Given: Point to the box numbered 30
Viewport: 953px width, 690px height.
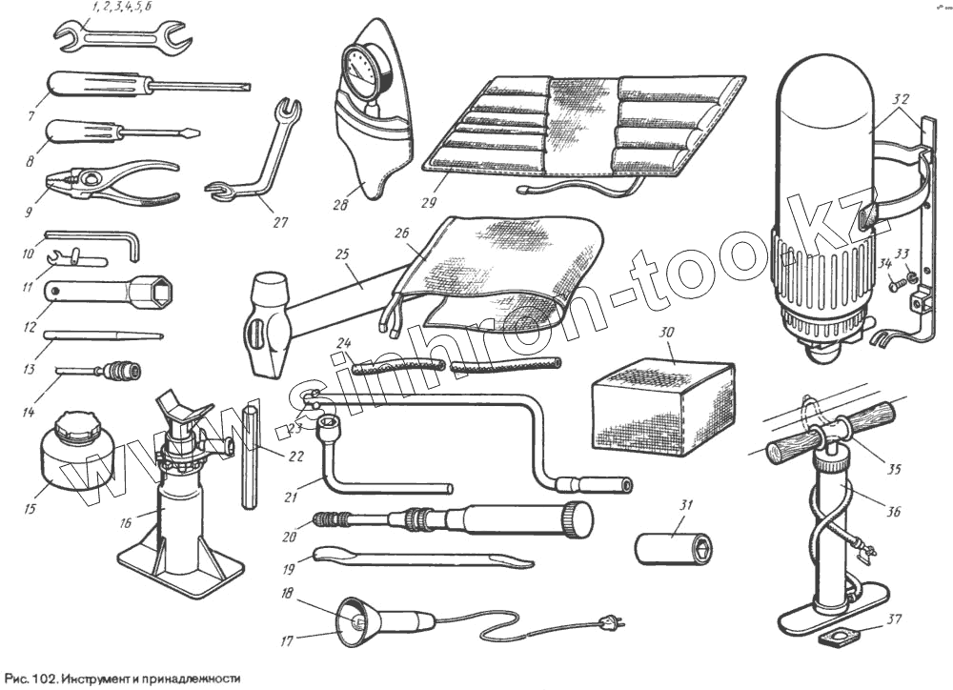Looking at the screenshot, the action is coord(663,405).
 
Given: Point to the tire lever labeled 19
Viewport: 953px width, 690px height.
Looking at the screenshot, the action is coord(419,557).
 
